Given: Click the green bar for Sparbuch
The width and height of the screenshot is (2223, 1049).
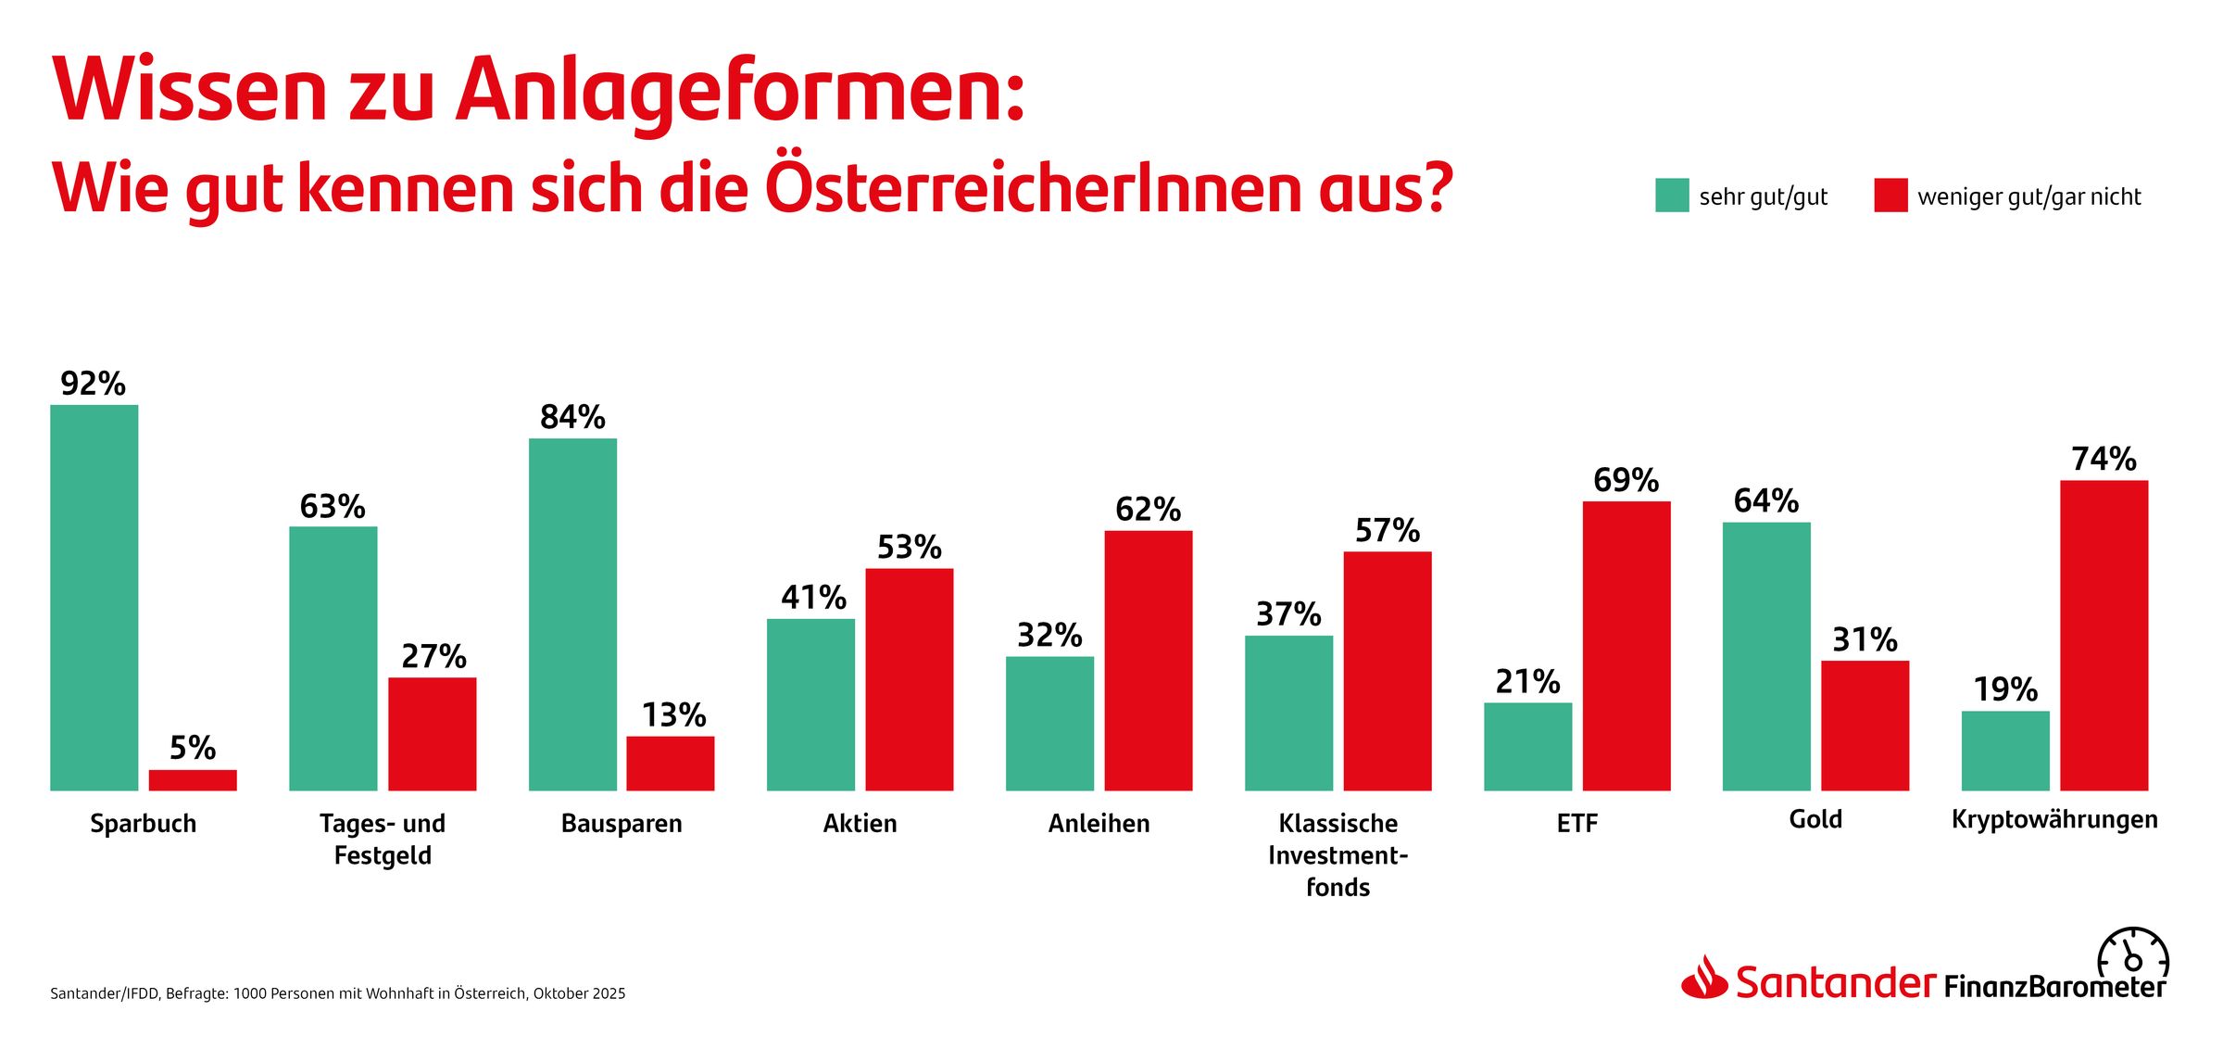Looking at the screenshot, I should [x=94, y=598].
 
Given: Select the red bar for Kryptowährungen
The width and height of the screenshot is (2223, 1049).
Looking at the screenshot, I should [x=2104, y=636].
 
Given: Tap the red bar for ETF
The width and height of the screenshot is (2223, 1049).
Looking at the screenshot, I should [x=1626, y=646].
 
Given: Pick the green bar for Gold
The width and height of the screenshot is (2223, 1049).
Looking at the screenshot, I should [x=1765, y=656].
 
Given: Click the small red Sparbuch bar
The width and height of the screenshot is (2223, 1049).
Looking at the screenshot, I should [x=193, y=780].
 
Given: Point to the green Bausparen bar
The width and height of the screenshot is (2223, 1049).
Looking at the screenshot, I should [x=572, y=614].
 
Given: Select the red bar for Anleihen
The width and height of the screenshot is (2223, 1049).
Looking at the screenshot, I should [x=1148, y=661].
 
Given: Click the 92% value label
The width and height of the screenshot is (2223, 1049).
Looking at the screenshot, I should [x=93, y=384].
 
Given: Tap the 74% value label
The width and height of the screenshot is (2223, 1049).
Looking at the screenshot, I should [x=2104, y=459].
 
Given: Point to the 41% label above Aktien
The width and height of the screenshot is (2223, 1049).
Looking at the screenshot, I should [x=813, y=598].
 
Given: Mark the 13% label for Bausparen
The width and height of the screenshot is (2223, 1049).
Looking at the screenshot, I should [x=673, y=715].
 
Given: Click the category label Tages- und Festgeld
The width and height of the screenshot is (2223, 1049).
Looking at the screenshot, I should [x=383, y=839].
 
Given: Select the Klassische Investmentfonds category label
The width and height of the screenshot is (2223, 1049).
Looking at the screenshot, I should [x=1338, y=854].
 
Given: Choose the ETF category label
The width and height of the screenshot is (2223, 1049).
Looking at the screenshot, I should [x=1576, y=823].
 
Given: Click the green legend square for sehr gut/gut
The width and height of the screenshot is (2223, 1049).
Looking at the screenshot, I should [x=1672, y=196].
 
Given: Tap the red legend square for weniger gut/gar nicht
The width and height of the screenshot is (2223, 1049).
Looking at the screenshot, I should [x=1890, y=196].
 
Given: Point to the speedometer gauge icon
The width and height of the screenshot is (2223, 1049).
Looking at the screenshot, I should [x=2133, y=954].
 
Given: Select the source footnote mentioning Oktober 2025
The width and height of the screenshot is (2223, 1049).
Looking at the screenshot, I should [x=338, y=993].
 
